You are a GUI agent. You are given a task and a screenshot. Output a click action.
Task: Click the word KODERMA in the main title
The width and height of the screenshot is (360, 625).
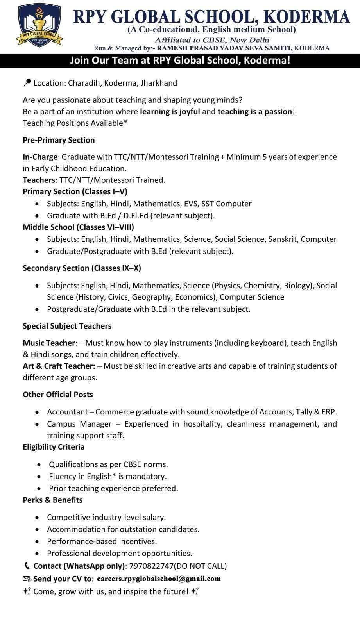[x=307, y=17]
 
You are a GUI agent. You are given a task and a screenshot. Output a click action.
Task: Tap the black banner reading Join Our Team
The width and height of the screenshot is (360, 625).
[x=180, y=61]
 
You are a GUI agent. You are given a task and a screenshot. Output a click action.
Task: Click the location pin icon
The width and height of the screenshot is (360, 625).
[x=27, y=82]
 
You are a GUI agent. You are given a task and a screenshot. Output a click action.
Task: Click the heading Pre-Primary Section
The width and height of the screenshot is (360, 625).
[x=59, y=140]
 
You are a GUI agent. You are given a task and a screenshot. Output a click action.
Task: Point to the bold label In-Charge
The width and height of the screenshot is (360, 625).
[x=40, y=157]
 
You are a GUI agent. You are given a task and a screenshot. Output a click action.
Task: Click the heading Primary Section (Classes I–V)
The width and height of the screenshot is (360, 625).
[x=75, y=191]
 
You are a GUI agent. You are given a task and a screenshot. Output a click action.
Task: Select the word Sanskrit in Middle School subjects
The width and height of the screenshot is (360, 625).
[x=283, y=239]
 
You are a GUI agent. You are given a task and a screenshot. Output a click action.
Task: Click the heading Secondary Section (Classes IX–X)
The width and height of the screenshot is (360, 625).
[x=82, y=268]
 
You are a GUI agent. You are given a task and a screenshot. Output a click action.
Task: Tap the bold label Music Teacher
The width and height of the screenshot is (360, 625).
[x=48, y=343]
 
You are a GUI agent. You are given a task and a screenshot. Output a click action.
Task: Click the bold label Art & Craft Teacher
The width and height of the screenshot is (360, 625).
[x=59, y=366]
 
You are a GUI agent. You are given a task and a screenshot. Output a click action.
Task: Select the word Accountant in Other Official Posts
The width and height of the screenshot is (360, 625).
[x=68, y=412]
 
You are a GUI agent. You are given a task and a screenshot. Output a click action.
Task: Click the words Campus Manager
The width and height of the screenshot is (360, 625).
[x=79, y=424]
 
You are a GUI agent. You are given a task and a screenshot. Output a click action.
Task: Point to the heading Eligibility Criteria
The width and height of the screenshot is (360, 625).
[x=54, y=446]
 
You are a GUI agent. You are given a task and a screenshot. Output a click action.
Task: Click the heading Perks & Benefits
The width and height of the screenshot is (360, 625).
[x=52, y=500]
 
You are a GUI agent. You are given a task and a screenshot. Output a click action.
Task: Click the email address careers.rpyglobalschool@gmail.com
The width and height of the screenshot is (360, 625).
[x=159, y=579]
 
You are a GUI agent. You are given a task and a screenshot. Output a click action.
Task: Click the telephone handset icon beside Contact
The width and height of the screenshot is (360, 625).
[x=27, y=566]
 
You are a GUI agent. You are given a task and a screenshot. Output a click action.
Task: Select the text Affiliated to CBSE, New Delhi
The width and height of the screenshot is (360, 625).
[x=212, y=40]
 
